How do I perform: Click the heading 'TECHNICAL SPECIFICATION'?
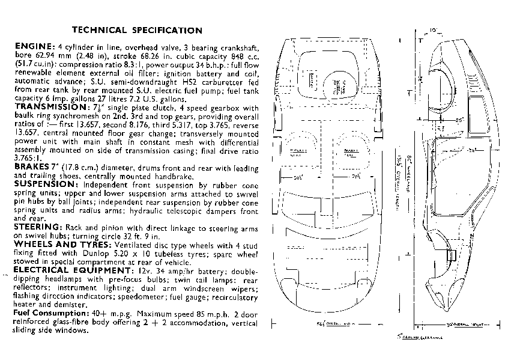click(137, 29)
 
